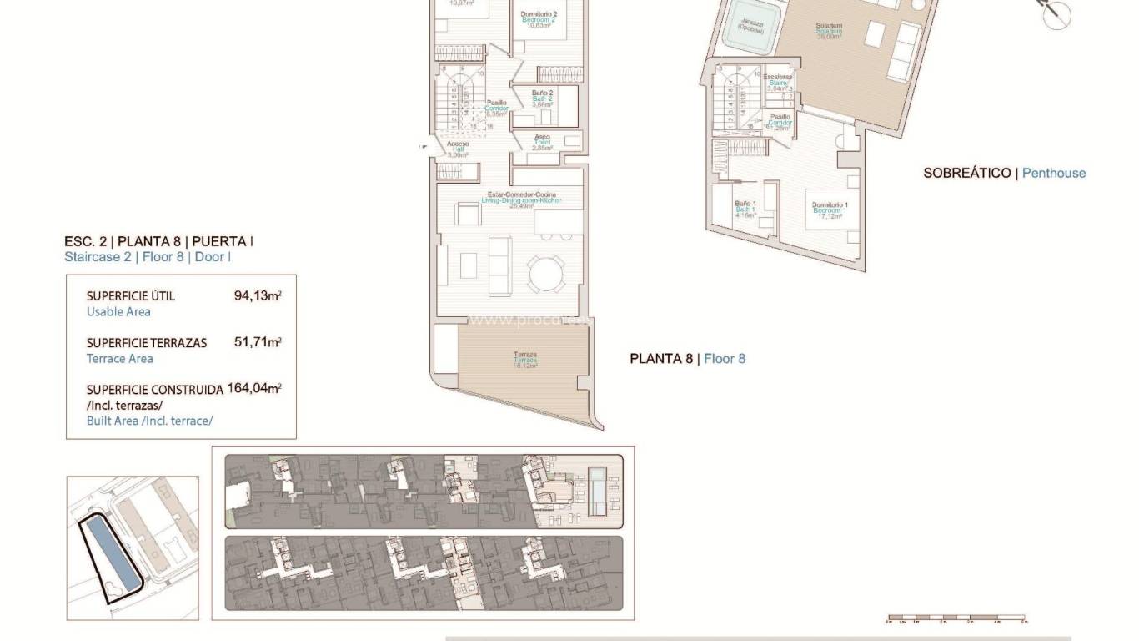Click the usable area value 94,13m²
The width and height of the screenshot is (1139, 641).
[x=258, y=295]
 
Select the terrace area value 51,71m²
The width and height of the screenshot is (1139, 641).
[x=258, y=342]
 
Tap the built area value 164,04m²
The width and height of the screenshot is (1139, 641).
[x=254, y=389]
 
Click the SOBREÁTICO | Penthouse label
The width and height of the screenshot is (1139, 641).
[x=1004, y=174]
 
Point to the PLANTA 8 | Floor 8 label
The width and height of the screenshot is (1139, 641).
[x=687, y=359]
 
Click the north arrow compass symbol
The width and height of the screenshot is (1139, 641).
[x=1056, y=14]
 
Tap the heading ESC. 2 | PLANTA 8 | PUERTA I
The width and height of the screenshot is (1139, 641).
[x=158, y=241]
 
